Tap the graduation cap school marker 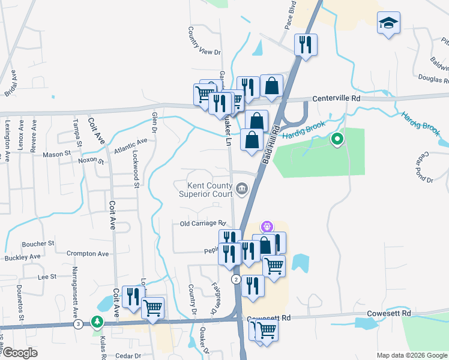click(x=388, y=24)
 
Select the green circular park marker click(x=337, y=140)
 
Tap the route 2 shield click(x=237, y=280)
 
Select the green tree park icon click(x=97, y=322)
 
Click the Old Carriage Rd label click(x=202, y=224)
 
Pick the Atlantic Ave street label click(x=130, y=145)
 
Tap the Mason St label click(x=57, y=154)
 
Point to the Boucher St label click(x=38, y=244)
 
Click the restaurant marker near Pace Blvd click(x=306, y=44)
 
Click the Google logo click(x=19, y=353)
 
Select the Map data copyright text click(x=412, y=355)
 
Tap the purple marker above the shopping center click(x=267, y=226)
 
